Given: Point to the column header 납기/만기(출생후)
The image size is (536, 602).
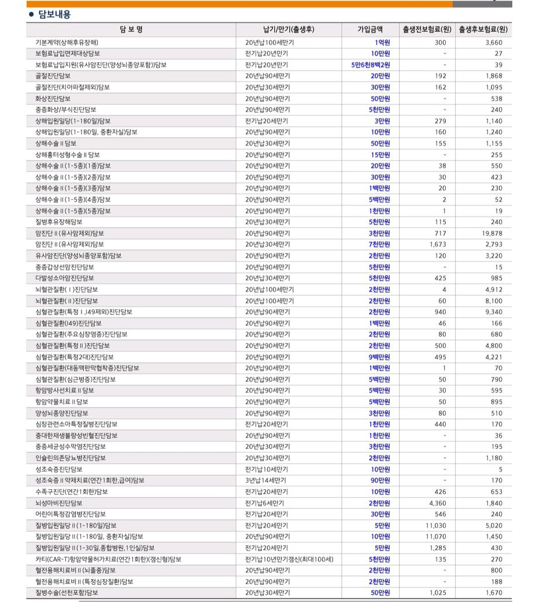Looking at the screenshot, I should pos(288,30).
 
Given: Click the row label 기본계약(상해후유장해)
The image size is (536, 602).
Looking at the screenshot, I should pos(66,42).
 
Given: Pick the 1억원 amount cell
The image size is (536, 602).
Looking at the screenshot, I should pos(382,42).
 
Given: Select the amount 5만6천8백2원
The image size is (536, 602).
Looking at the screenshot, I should pos(371,65).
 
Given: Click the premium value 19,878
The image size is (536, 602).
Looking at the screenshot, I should pos(490,233).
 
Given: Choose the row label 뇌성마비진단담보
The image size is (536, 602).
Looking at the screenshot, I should pos(59,503).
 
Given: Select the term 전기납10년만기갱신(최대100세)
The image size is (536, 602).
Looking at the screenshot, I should pos(289,559).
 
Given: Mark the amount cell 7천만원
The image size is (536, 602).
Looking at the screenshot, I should pos(379,244).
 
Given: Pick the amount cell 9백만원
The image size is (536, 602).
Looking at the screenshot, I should pos(379,357).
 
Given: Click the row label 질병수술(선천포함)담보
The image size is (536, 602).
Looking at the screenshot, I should pos(66,593).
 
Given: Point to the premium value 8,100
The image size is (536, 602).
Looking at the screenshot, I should pos(493,300).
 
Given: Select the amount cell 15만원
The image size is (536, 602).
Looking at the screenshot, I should pos(380,155).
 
